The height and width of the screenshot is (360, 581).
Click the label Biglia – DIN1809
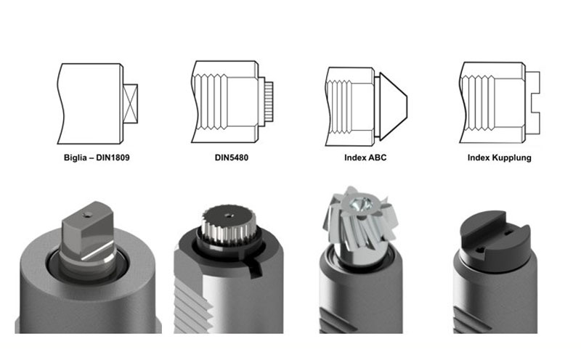[x=97, y=157]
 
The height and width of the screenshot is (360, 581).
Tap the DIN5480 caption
[x=232, y=157]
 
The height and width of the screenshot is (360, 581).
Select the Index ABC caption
[x=365, y=157]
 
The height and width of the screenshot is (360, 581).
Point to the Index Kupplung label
[x=500, y=157]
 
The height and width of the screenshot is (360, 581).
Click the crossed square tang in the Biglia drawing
[x=131, y=104]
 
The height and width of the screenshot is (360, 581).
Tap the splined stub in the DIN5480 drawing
[x=269, y=102]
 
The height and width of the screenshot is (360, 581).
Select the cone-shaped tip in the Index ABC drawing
[x=393, y=106]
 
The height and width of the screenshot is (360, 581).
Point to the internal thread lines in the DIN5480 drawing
[x=210, y=102]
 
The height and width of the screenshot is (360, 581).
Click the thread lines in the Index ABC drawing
[x=340, y=107]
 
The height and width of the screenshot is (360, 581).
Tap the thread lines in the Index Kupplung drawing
[x=478, y=103]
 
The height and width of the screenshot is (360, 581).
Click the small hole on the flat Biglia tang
[x=87, y=214]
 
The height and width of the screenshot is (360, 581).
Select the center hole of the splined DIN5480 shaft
[x=227, y=214]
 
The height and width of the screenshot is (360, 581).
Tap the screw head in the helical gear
[x=360, y=204]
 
